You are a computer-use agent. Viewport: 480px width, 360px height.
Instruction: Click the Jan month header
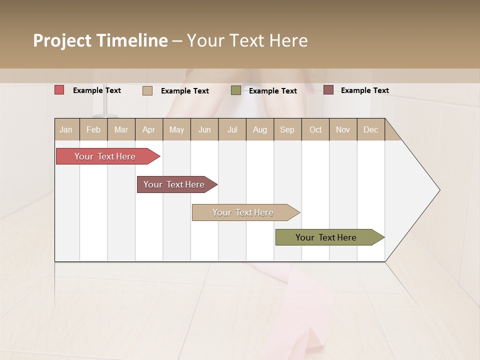click(x=66, y=129)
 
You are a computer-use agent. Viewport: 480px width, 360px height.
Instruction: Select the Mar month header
click(x=121, y=129)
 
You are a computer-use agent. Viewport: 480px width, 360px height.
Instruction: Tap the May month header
click(x=176, y=129)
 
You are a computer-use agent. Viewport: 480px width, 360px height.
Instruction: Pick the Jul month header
click(x=232, y=129)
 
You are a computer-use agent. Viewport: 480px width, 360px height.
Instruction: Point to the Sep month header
click(x=287, y=129)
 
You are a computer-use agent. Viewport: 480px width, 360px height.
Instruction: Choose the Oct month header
click(x=315, y=129)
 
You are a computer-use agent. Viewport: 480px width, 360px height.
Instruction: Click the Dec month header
click(x=370, y=129)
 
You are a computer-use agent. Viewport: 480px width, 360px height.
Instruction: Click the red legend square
click(x=59, y=90)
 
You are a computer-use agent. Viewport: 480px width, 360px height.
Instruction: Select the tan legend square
click(x=147, y=90)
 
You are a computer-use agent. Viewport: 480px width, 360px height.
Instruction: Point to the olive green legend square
click(x=236, y=90)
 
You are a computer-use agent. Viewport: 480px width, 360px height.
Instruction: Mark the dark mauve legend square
click(x=328, y=90)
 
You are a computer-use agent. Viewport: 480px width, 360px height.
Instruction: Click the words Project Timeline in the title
click(x=100, y=40)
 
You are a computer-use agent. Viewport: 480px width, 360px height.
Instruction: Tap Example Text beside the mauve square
click(x=364, y=90)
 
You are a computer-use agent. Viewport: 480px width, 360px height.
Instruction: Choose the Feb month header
click(x=93, y=129)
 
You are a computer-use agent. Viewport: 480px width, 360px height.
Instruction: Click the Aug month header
click(x=259, y=129)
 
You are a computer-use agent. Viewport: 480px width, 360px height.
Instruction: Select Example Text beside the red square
click(x=96, y=90)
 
